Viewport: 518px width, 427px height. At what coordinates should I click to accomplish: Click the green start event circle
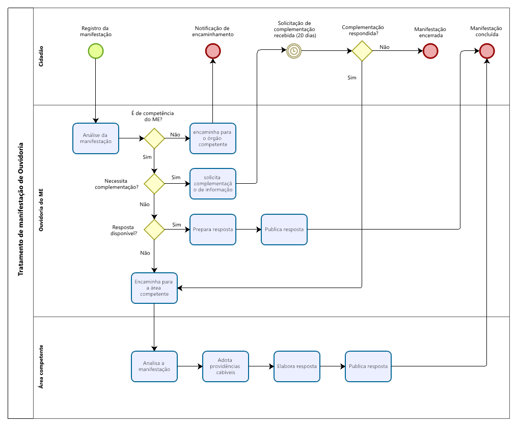point(96,51)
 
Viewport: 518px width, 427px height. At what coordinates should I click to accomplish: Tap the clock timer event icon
point(294,51)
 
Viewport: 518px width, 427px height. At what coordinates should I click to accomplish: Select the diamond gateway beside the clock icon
point(362,51)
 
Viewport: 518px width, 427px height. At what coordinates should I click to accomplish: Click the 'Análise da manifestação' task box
point(96,138)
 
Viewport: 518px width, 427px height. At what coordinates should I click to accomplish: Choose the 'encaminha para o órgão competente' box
point(213,138)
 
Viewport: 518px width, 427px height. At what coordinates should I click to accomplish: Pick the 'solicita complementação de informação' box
point(213,184)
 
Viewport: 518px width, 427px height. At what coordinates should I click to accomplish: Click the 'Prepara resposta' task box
point(213,230)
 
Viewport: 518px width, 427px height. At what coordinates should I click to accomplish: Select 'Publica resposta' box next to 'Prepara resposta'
point(284,230)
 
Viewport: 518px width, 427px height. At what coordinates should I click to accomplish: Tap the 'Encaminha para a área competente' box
point(154,288)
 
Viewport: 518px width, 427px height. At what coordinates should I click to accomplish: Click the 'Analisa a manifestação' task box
point(154,366)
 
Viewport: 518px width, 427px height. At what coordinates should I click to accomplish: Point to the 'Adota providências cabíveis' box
point(226,366)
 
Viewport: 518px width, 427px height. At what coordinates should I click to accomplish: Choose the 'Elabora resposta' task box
point(297,366)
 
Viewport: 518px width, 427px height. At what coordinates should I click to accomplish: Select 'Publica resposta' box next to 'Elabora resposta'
point(368,366)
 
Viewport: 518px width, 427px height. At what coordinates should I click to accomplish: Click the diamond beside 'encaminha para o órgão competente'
point(154,138)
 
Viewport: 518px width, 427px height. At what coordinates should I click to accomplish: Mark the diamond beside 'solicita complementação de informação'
point(154,184)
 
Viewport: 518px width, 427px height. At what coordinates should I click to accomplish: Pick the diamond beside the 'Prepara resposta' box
point(154,230)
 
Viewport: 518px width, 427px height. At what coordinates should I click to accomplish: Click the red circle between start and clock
point(213,51)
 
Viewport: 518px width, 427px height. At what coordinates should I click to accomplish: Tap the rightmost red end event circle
point(487,51)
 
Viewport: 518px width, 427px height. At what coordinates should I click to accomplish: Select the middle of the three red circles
point(430,51)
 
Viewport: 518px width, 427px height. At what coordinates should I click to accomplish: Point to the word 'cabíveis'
point(226,373)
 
